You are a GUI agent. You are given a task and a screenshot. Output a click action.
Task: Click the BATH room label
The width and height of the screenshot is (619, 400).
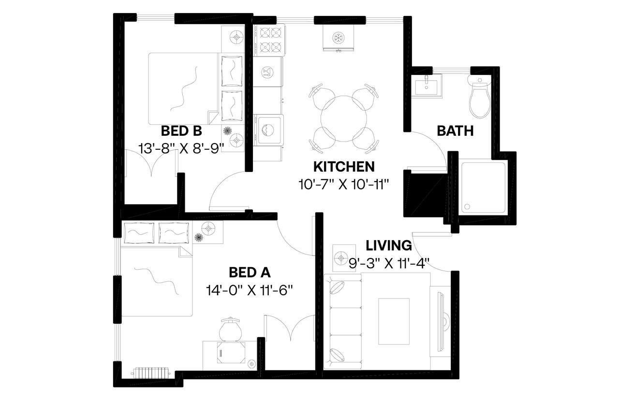click(455, 131)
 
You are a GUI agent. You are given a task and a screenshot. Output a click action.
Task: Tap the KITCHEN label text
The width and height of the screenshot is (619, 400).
click(344, 167)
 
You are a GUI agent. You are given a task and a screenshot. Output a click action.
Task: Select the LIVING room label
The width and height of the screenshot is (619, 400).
click(388, 245)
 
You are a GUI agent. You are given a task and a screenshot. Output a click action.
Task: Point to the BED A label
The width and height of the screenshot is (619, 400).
click(250, 273)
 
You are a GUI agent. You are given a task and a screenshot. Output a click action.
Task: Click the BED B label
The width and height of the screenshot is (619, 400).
click(181, 131)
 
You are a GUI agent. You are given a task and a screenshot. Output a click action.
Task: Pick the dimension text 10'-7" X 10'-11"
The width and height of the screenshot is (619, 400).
click(344, 185)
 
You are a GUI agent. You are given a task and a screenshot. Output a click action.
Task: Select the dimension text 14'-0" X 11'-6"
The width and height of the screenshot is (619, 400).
click(250, 290)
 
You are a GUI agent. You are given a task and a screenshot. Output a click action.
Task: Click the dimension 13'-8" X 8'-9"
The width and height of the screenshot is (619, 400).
click(181, 148)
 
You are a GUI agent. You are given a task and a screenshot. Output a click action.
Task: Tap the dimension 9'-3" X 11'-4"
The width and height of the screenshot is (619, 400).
click(389, 263)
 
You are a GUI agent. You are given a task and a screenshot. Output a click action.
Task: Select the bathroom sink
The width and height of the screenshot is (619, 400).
click(428, 86)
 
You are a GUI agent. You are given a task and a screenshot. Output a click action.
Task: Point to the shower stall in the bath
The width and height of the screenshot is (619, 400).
click(484, 187)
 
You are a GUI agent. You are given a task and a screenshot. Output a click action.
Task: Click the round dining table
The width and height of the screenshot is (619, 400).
click(343, 118)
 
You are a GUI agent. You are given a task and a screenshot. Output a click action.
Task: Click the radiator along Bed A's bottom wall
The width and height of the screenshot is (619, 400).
click(150, 372)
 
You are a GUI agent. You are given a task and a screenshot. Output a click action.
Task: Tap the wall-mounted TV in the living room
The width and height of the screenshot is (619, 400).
click(441, 321)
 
